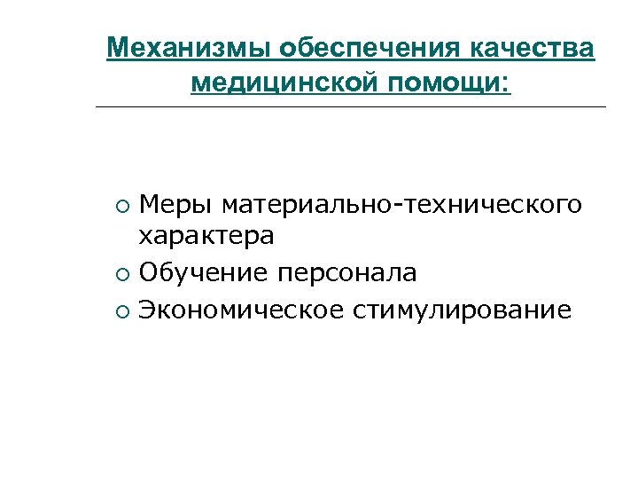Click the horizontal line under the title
point(350,107)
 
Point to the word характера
point(206,237)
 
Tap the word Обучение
point(203,272)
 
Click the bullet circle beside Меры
point(121,208)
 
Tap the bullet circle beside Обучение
point(121,274)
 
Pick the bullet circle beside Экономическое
point(121,311)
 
